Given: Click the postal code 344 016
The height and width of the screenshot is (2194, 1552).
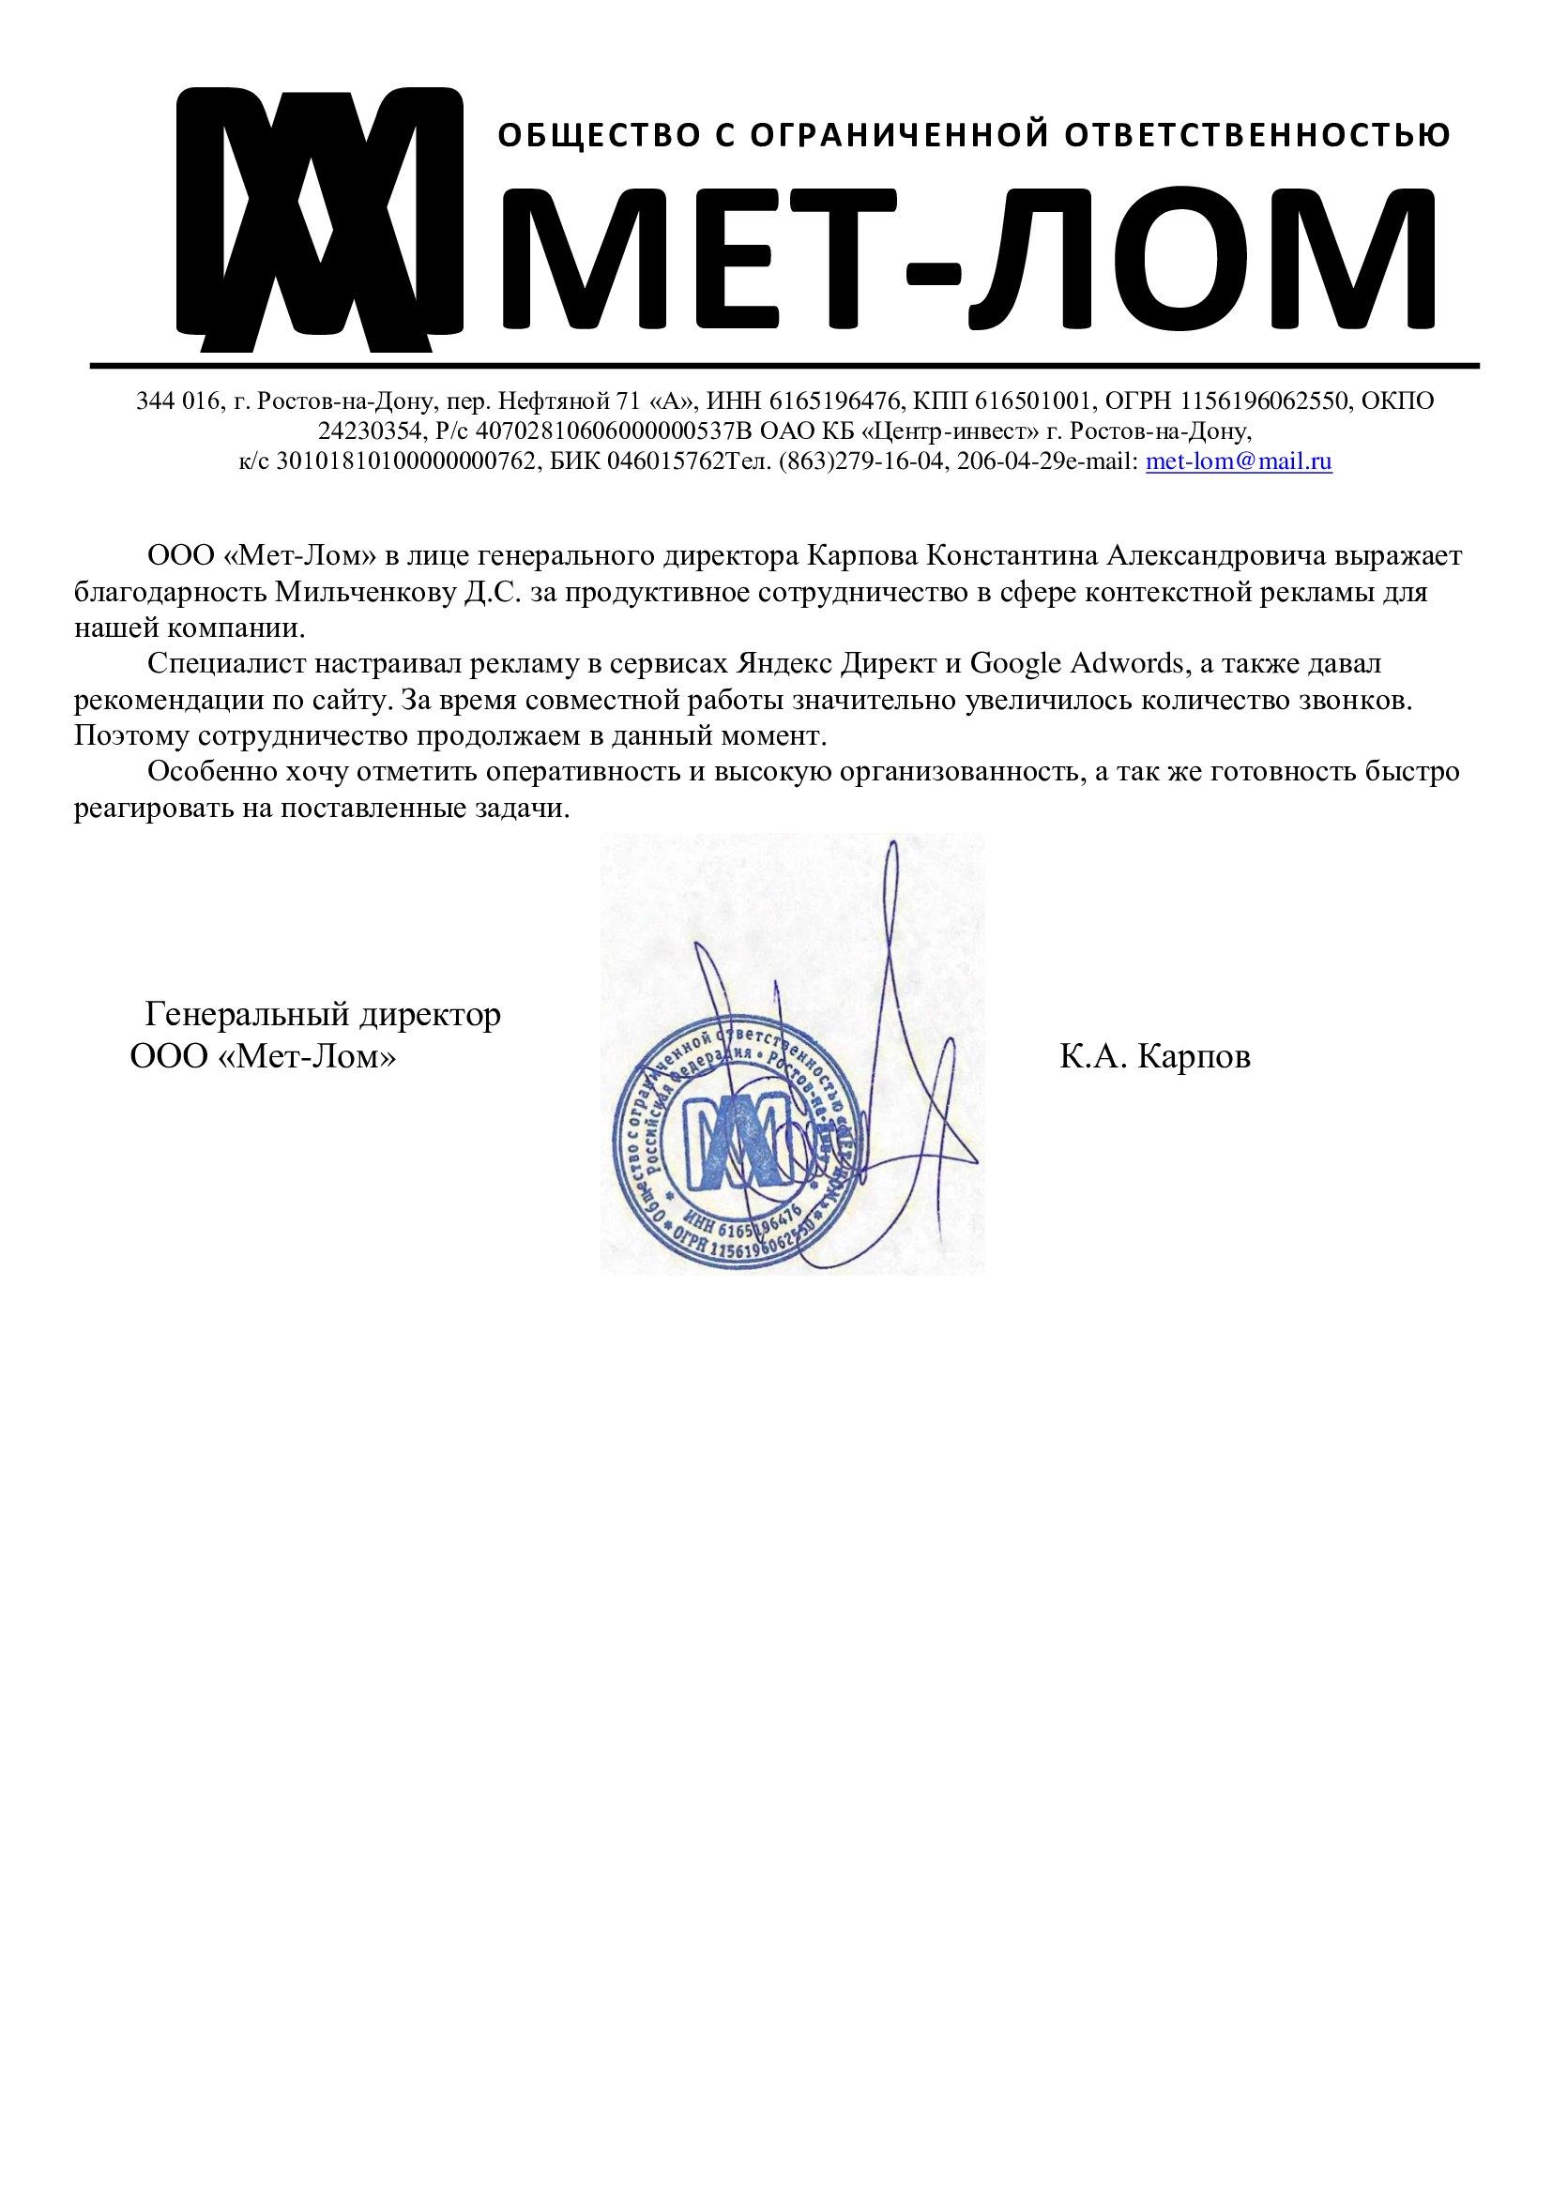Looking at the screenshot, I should (176, 401).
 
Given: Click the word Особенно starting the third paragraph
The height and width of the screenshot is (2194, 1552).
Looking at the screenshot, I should (210, 771).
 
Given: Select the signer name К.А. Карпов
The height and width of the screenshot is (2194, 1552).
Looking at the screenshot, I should (1154, 1057).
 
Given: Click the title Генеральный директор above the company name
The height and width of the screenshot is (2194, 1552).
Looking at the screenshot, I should (322, 1014).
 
